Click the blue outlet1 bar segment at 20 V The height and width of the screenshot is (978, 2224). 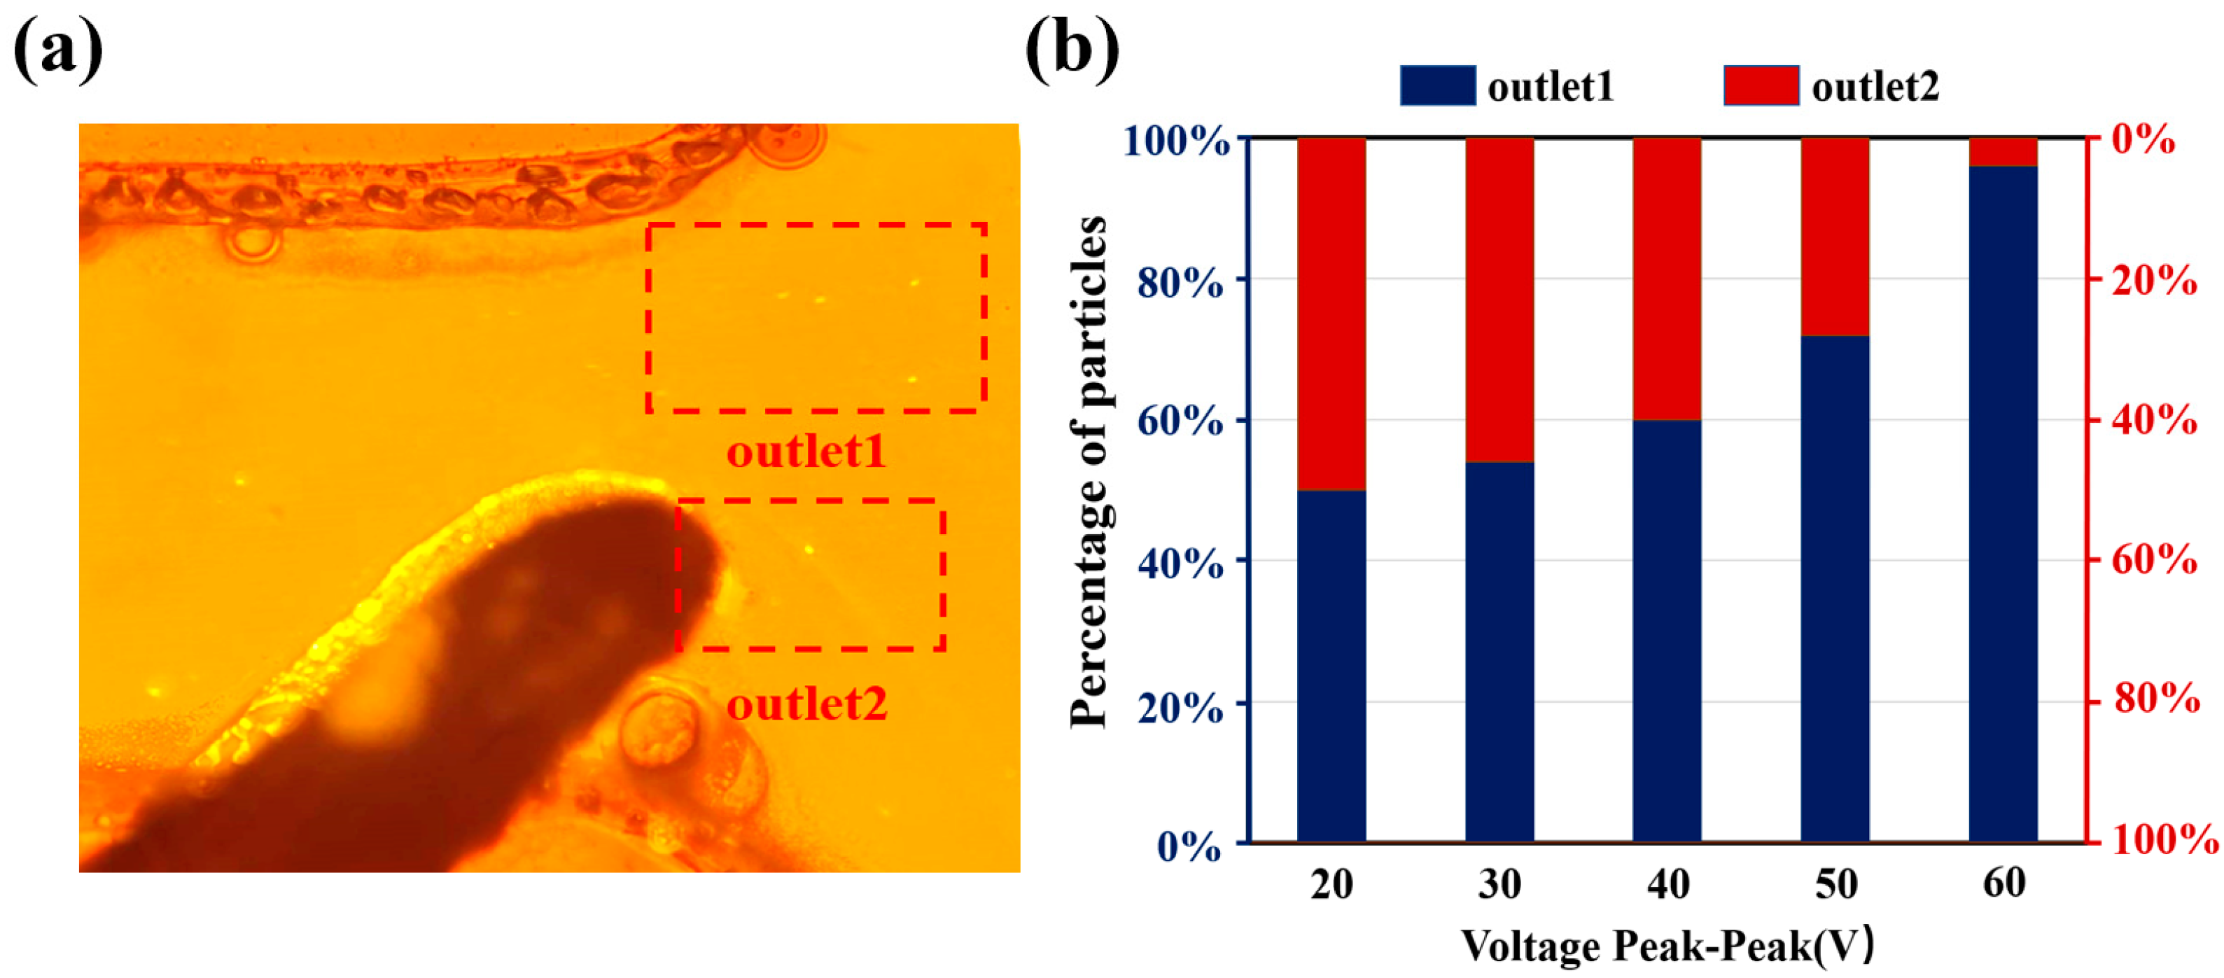coord(1331,664)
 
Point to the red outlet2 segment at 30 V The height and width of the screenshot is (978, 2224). coord(1499,300)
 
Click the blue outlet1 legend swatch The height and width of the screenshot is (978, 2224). coord(1437,85)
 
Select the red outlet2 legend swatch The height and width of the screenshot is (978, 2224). coord(1761,85)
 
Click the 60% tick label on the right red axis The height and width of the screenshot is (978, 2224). coord(2154,561)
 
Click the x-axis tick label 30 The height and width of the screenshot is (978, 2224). coord(1499,885)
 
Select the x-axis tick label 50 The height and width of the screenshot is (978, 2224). coord(1835,885)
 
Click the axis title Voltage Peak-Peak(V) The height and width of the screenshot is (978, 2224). coord(1666,945)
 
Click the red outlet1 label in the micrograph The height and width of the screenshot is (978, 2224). coord(806,452)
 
